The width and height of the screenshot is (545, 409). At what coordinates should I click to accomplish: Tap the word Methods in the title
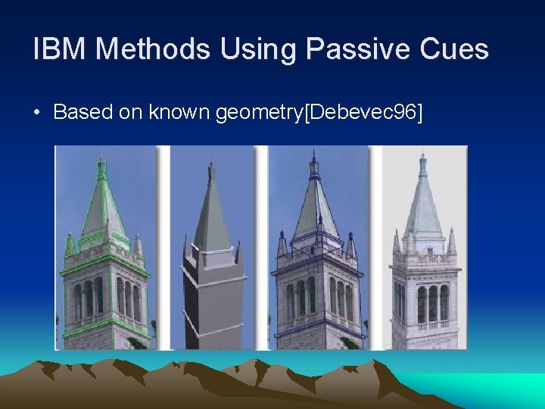pos(153,49)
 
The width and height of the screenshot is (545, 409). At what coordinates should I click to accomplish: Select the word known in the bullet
pos(180,113)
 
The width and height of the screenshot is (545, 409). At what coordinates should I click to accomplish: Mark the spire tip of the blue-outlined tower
pos(314,153)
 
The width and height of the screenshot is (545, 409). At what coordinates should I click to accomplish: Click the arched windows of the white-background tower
pos(432,304)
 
